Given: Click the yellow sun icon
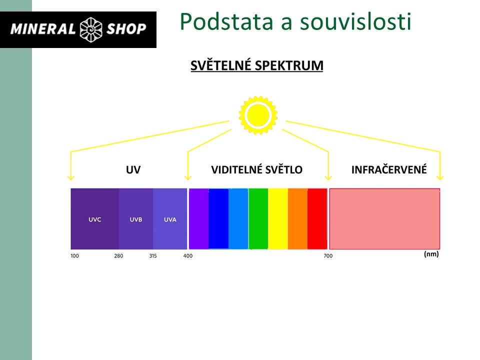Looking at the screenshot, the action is pos(258,115).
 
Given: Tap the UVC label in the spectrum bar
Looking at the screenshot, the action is pos(94,219).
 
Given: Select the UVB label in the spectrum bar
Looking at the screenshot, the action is pos(135,219).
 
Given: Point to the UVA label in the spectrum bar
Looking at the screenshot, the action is pos(170,219).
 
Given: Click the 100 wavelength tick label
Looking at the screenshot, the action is pos(74,256).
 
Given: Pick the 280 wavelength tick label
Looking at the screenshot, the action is pos(118,256).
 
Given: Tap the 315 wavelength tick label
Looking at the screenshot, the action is pos(153,256).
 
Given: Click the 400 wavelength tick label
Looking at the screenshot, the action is pos(188,256).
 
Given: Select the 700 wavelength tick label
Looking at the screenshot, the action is pos(328,256).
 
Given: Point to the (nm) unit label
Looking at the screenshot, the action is pos(431,254).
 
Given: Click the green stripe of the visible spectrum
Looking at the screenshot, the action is pos(258,219).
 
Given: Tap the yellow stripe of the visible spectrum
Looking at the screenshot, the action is pos(278,219).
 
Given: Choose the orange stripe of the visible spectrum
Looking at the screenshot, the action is pos(298,219).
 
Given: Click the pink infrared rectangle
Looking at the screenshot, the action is pos(384,219).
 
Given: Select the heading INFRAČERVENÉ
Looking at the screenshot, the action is pos(389,169).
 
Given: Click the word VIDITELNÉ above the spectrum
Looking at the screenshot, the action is pos(237,169).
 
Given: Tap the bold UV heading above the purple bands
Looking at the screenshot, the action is pos(133,169).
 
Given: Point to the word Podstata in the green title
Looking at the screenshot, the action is pos(226,21).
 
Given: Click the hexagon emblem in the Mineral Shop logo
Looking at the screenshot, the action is pos(90,29).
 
